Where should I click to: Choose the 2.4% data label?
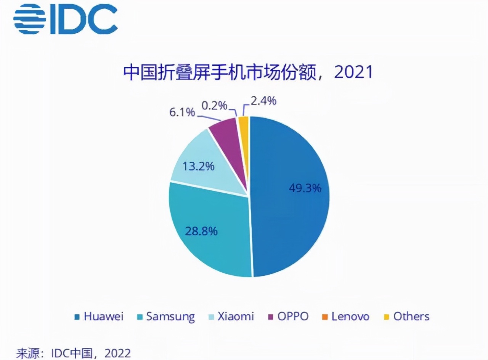263,101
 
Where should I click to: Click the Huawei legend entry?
99,317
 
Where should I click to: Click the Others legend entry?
406,317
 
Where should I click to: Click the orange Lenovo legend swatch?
324,317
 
